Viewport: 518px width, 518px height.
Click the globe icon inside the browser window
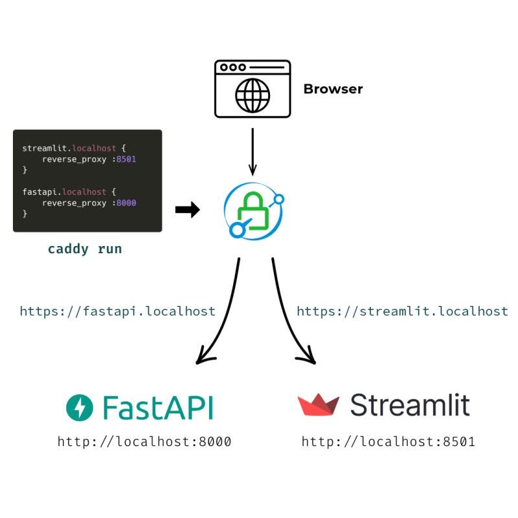click(x=253, y=96)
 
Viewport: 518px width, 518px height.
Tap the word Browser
click(x=333, y=89)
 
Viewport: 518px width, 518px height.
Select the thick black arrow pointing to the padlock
click(x=187, y=210)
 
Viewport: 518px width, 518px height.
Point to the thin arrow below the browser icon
click(x=253, y=152)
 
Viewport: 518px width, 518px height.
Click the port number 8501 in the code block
click(x=126, y=159)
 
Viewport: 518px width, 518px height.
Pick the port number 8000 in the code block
click(x=126, y=203)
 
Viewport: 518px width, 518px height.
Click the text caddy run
click(x=85, y=249)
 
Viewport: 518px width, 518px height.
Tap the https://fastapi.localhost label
click(x=117, y=311)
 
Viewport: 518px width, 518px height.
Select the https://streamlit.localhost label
click(x=402, y=311)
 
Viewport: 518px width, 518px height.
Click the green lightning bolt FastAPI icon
click(x=80, y=407)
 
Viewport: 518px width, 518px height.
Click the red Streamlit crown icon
click(x=318, y=405)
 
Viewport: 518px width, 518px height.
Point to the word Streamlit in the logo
click(x=409, y=405)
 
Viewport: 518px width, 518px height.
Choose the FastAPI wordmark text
click(x=157, y=407)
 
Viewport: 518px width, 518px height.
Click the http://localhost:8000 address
click(x=144, y=442)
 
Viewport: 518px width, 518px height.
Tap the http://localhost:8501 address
click(x=388, y=442)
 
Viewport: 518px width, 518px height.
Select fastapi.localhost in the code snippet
click(x=64, y=192)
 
